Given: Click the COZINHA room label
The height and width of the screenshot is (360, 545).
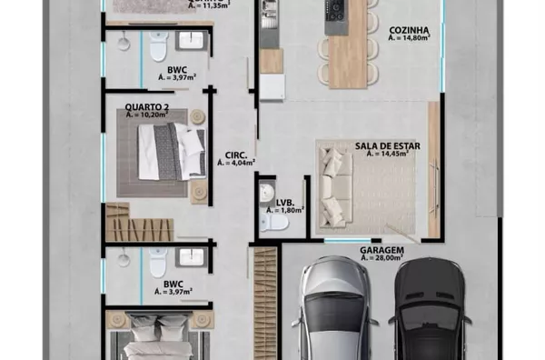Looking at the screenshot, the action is coord(409,30).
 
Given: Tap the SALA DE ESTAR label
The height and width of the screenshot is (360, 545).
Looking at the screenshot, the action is coord(388,146).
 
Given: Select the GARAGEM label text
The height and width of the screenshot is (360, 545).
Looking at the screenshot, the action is coord(382,250).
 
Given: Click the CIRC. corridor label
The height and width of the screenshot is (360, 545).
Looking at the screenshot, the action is coord(236,155).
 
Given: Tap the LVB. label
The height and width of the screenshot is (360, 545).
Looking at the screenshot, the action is coord(285,203).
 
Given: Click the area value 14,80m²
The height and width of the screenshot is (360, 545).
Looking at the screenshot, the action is coord(409,37).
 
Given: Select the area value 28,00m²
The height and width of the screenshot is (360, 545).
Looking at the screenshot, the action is coord(382,258).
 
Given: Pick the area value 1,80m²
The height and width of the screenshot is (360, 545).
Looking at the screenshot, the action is coord(285,210).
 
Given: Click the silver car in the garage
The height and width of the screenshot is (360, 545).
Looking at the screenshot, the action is coord(333,309).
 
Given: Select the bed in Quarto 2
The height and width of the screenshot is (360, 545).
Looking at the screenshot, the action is coord(172,152).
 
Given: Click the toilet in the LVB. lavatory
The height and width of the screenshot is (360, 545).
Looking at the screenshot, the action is coord(273,223).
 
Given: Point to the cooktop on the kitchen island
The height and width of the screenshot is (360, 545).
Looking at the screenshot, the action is coord(335,10).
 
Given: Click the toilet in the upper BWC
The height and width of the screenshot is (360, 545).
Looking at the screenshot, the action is coord(159,45).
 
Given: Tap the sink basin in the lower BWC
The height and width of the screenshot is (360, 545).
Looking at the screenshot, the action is coord(191,257).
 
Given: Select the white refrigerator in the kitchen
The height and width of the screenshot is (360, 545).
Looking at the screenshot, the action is coord(272,87).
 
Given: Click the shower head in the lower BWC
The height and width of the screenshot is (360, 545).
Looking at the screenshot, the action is coord(123,259).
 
